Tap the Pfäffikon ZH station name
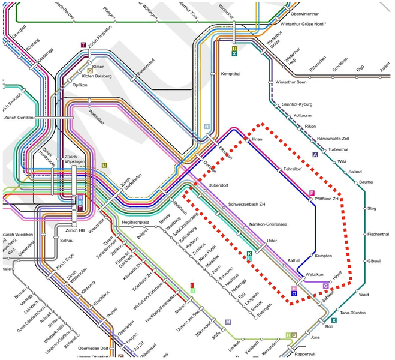327,199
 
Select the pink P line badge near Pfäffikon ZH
311,193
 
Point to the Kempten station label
323,256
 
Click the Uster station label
273,241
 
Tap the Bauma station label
366,181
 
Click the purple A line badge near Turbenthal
315,154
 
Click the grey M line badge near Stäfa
228,322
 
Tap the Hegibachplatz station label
135,223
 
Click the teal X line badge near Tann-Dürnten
334,320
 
